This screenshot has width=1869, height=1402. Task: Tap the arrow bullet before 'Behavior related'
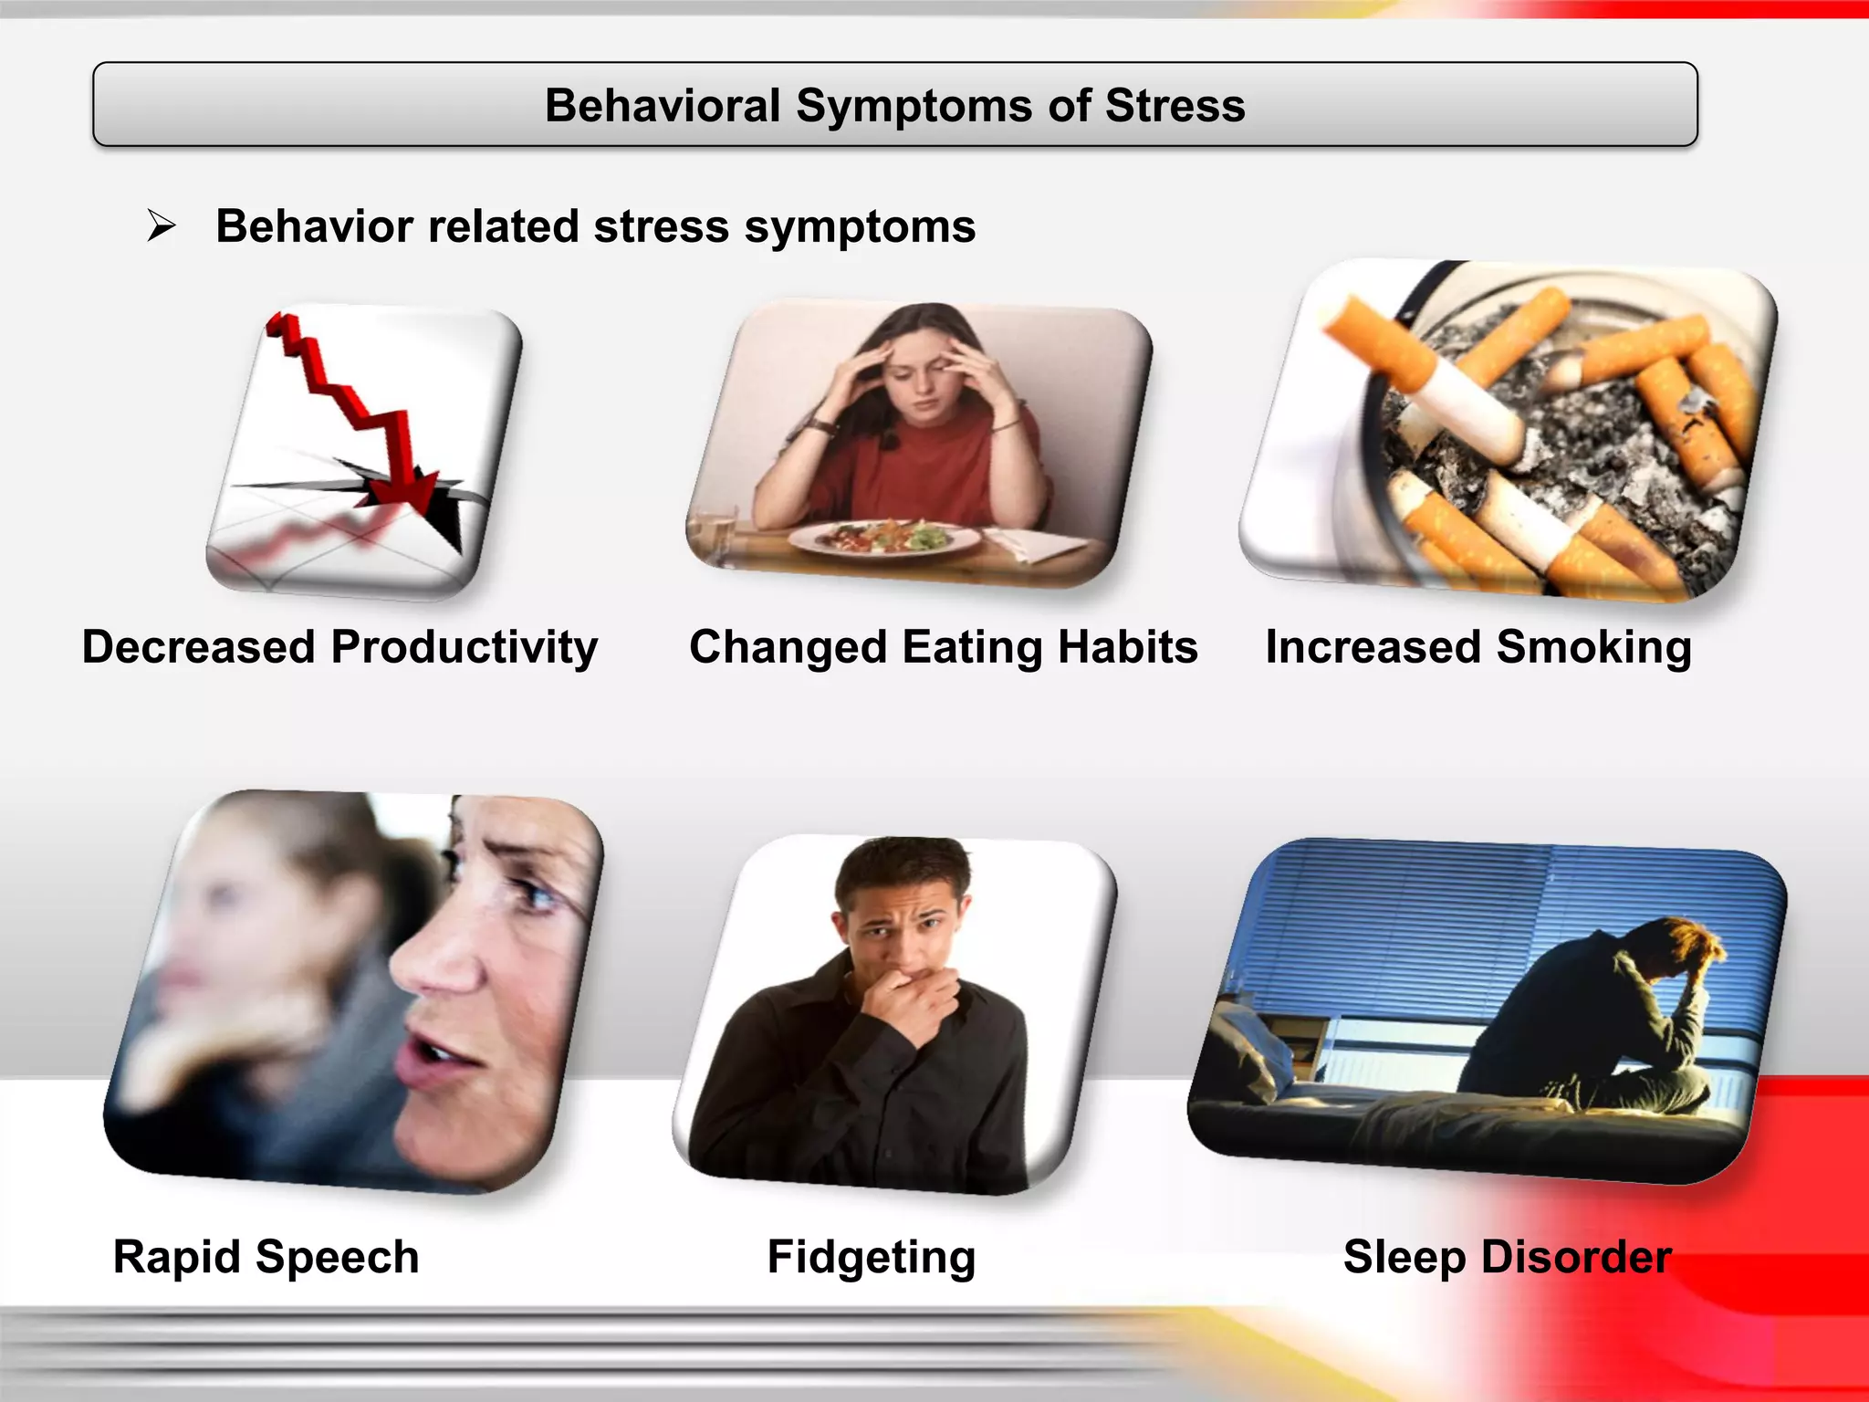162,225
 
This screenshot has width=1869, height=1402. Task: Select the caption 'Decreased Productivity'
339,647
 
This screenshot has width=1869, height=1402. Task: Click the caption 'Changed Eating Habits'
943,647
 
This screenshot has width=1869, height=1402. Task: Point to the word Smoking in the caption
1593,647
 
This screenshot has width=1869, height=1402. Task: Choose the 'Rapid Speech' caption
266,1257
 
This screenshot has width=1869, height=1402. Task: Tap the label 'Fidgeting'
871,1257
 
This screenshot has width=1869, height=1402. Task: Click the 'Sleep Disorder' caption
1507,1257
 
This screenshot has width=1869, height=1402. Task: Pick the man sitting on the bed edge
1606,1022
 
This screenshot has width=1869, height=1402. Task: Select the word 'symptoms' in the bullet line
860,227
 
